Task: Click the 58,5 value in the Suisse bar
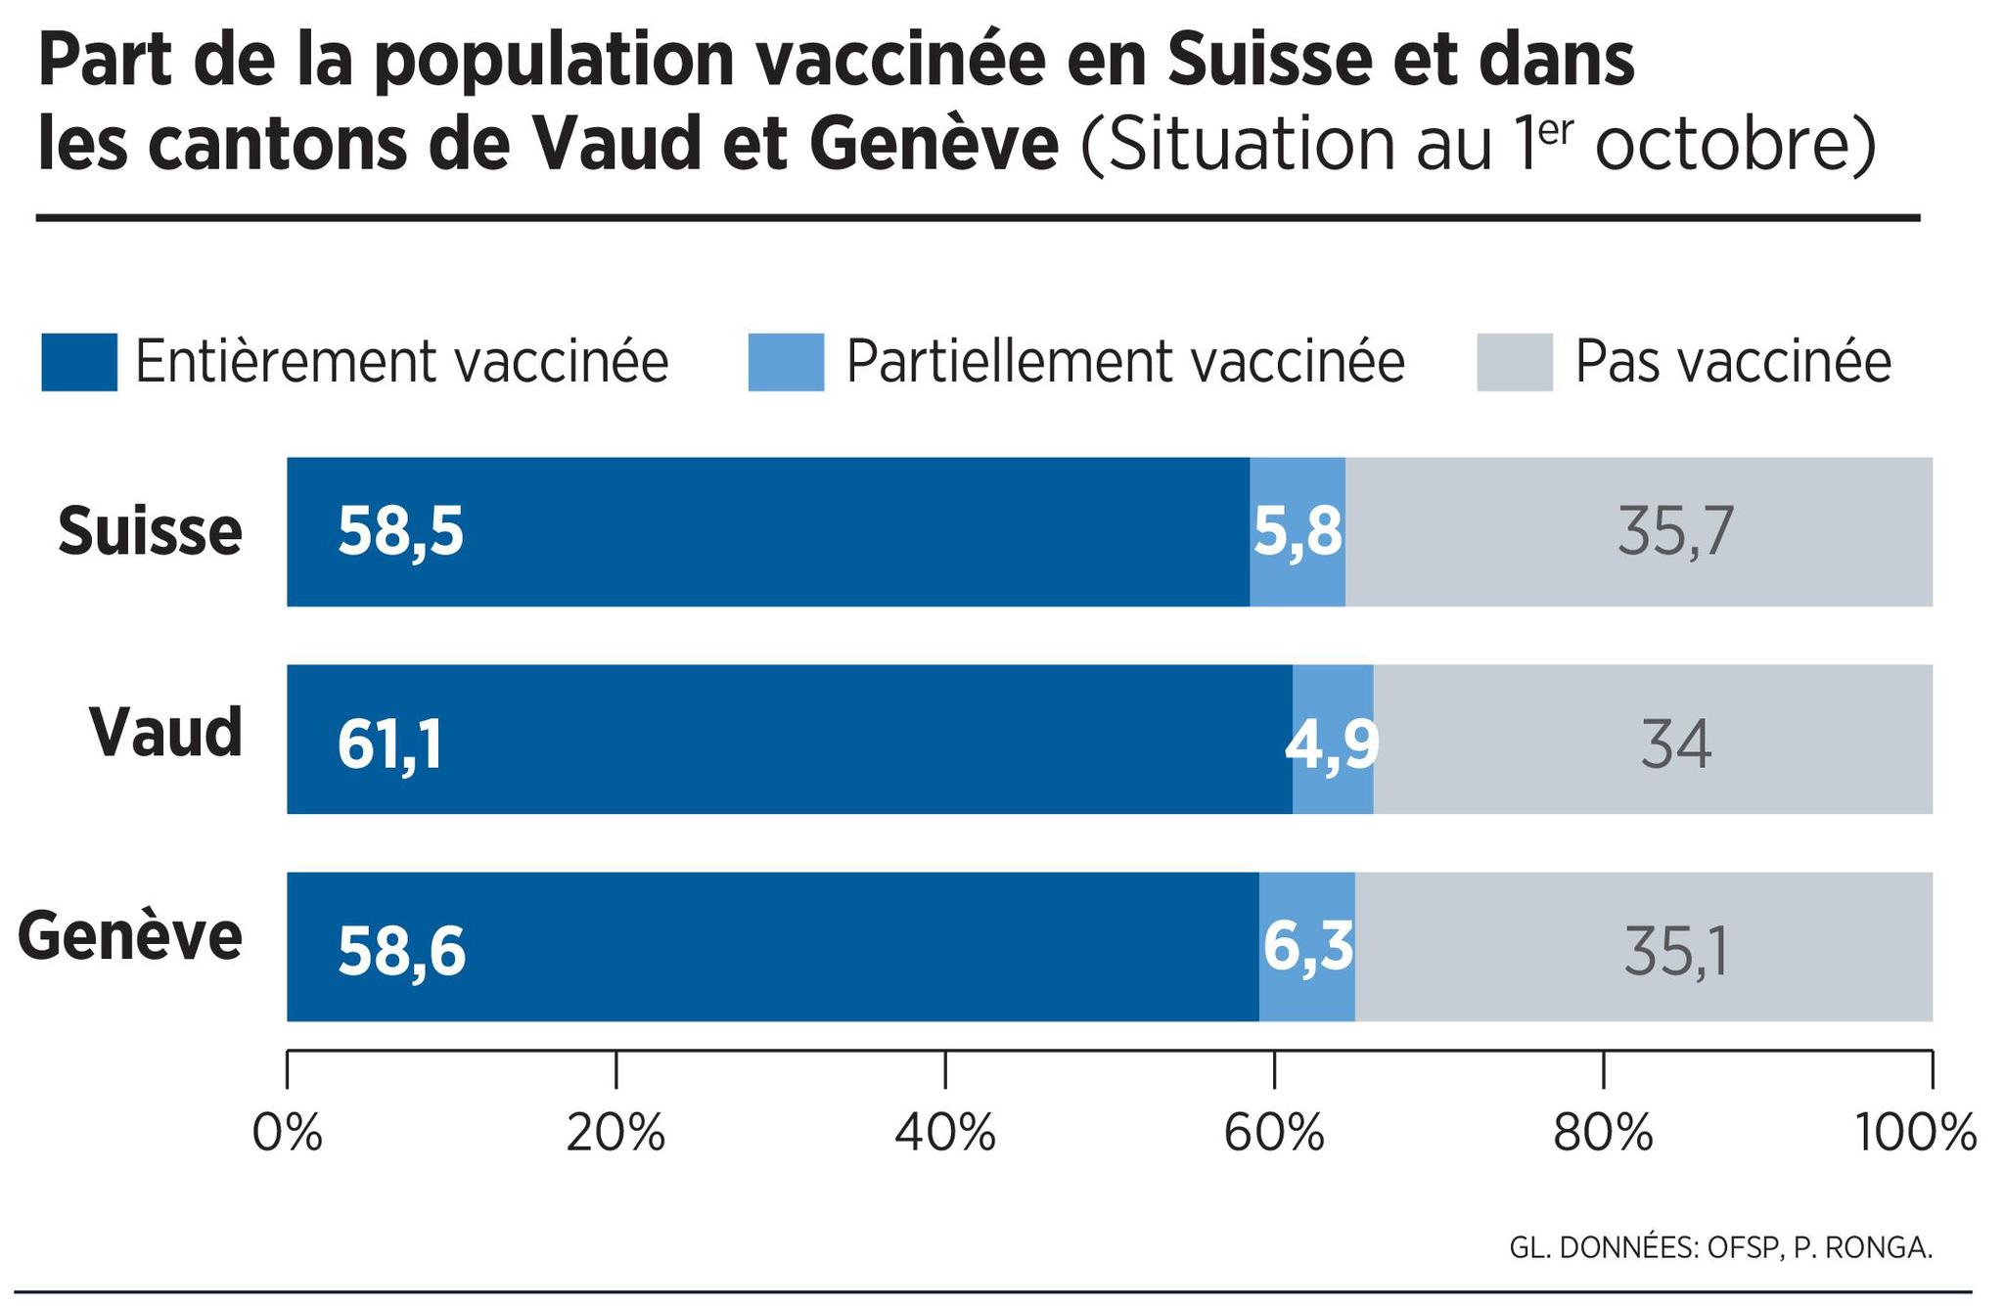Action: coord(400,533)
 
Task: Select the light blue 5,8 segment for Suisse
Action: coord(1298,533)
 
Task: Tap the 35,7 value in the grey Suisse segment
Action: coord(1675,533)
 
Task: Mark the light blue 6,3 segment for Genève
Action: coord(1307,946)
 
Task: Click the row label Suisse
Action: coord(150,531)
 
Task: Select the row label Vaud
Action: coord(165,732)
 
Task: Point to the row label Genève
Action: coord(130,937)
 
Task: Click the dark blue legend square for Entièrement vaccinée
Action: coord(79,362)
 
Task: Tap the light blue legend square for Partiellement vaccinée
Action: coord(786,362)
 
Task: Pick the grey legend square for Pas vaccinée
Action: coord(1514,362)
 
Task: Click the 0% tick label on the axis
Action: coord(287,1135)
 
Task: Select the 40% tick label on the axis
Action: coord(945,1135)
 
